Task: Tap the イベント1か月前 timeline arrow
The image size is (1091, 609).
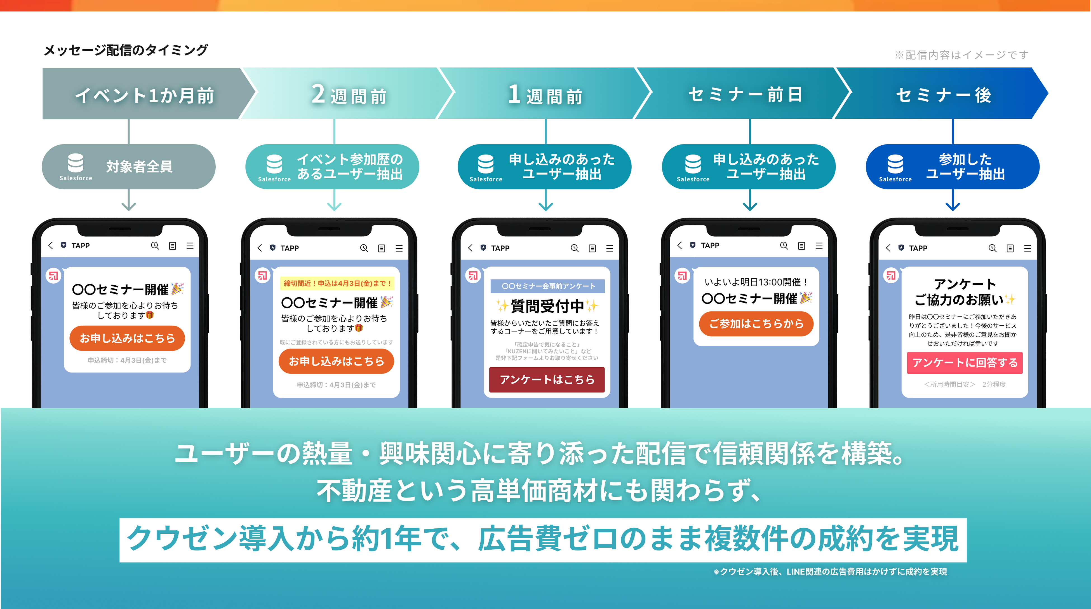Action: [144, 94]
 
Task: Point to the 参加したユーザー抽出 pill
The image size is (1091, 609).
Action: [953, 167]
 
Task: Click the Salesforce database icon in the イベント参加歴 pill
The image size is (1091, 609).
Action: [274, 164]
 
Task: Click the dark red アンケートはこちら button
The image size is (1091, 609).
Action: [547, 379]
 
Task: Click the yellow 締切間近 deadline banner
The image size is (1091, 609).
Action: [337, 283]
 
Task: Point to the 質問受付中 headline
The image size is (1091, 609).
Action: [547, 305]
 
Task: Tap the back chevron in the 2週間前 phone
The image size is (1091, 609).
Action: [260, 248]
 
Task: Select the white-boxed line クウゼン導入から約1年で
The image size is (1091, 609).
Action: [542, 539]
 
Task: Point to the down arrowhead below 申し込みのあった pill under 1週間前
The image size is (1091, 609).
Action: [545, 206]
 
